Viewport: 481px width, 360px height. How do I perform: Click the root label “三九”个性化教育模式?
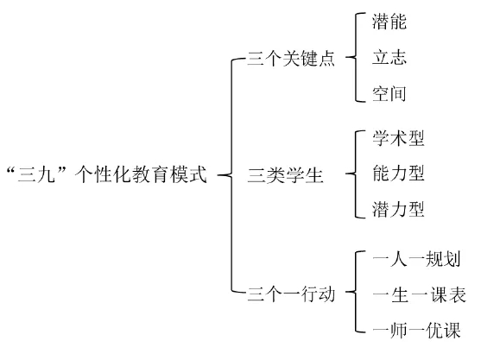pyautogui.click(x=107, y=174)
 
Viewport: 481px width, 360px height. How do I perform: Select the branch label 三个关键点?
pyautogui.click(x=291, y=58)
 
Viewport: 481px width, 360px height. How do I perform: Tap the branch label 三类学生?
pyautogui.click(x=285, y=175)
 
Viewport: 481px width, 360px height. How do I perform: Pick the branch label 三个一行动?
pyautogui.click(x=291, y=294)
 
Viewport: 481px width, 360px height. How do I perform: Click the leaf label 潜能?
pyautogui.click(x=389, y=22)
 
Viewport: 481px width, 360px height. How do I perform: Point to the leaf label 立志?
pyautogui.click(x=389, y=57)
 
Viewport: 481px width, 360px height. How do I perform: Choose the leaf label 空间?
pyautogui.click(x=389, y=93)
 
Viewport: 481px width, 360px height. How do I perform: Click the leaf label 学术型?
pyautogui.click(x=398, y=138)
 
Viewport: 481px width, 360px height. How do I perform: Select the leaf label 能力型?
pyautogui.click(x=398, y=173)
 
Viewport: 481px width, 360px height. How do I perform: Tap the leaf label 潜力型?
pyautogui.click(x=398, y=209)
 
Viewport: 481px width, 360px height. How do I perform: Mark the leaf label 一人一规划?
pyautogui.click(x=416, y=259)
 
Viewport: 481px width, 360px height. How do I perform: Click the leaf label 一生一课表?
pyautogui.click(x=420, y=294)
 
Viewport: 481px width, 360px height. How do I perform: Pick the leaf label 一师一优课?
pyautogui.click(x=416, y=331)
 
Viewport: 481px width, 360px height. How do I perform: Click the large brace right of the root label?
pyautogui.click(x=231, y=175)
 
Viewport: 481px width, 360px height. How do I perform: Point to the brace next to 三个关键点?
pyautogui.click(x=356, y=57)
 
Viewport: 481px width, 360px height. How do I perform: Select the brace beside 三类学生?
pyautogui.click(x=356, y=174)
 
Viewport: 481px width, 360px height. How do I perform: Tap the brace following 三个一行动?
pyautogui.click(x=356, y=292)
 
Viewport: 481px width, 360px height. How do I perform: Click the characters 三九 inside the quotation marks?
pyautogui.click(x=36, y=174)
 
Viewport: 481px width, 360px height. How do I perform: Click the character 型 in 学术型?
pyautogui.click(x=416, y=138)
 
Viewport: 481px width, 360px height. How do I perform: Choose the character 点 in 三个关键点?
pyautogui.click(x=326, y=58)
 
